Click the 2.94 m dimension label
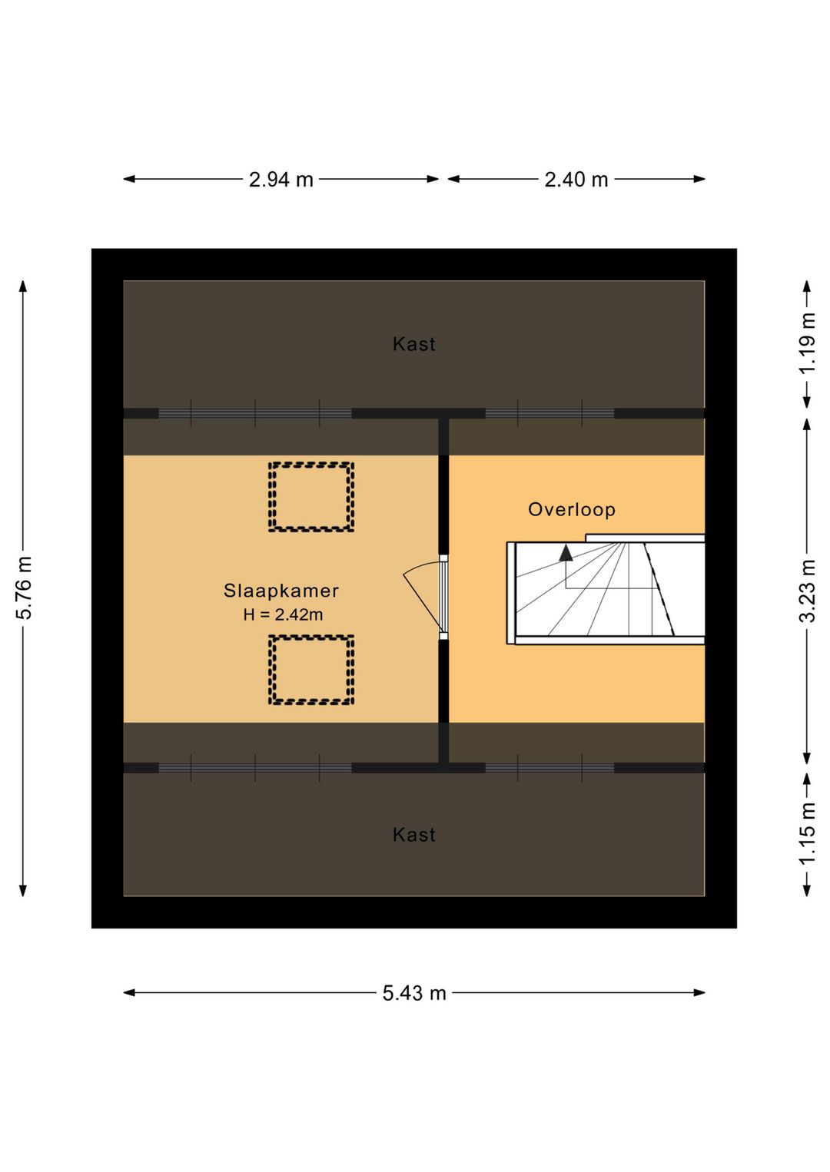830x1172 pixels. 281,180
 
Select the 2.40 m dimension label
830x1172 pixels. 576,180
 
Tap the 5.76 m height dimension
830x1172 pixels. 24,588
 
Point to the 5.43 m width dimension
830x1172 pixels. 413,992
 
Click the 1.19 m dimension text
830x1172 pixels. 807,343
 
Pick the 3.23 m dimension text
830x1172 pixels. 807,591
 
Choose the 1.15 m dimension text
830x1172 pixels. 807,833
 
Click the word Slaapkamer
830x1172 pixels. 281,591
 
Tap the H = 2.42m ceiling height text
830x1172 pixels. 283,614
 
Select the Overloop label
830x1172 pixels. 571,510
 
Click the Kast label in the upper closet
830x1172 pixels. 413,344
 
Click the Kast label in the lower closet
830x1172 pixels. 413,835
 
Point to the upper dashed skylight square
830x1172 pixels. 311,464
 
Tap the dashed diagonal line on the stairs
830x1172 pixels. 659,589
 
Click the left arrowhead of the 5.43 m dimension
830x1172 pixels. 129,992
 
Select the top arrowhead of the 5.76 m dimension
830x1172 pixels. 22,286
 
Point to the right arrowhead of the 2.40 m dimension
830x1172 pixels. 699,179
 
